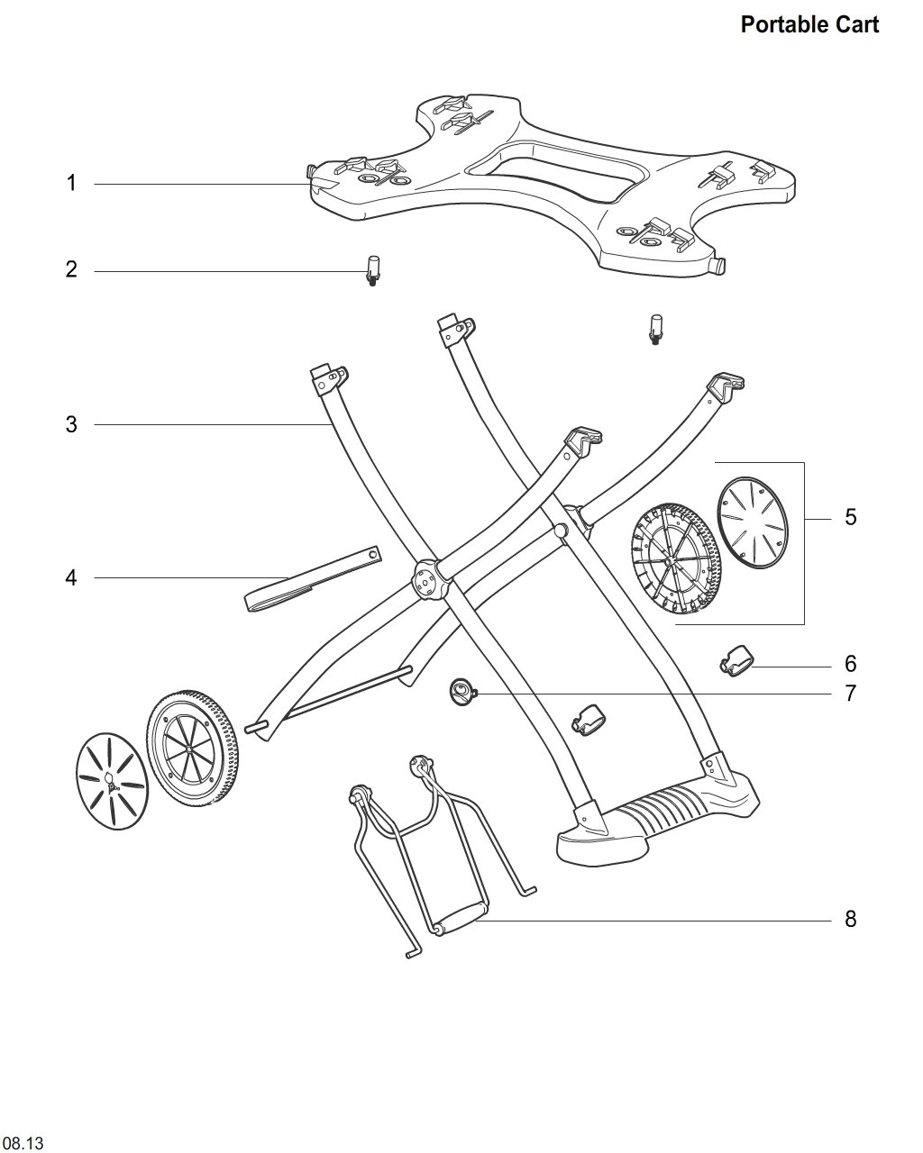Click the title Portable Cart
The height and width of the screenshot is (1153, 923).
809,24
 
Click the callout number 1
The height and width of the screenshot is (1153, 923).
71,183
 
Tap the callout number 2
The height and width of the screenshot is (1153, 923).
71,269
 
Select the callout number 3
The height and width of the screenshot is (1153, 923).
71,424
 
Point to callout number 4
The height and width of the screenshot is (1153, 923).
71,578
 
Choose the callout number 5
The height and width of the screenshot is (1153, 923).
851,517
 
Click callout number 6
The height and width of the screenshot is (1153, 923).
851,664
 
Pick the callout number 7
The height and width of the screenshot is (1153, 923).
851,694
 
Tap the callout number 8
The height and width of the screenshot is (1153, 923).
851,919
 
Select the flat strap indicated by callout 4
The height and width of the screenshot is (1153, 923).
313,579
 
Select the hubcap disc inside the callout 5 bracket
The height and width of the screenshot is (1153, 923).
753,522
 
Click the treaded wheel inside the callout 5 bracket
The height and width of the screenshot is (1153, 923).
674,558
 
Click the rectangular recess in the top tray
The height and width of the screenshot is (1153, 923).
559,173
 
